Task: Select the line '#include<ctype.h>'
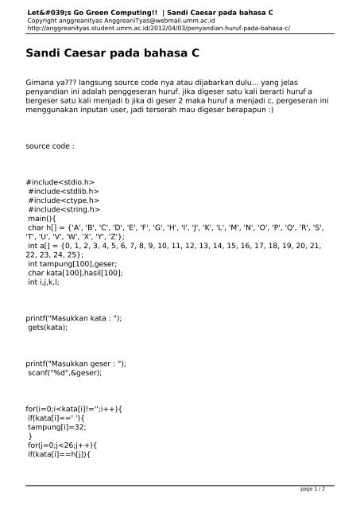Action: click(64, 200)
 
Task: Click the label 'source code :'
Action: click(52, 147)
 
